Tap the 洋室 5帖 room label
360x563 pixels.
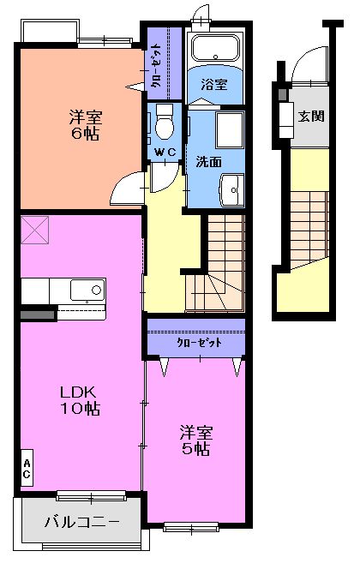click(x=195, y=440)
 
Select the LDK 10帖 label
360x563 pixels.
click(x=80, y=400)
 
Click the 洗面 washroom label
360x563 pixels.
click(x=209, y=160)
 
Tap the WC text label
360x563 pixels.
click(x=165, y=153)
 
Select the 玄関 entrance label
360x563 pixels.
click(x=310, y=116)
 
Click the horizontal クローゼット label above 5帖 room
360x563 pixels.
click(x=199, y=342)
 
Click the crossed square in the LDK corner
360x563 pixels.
click(x=34, y=229)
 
